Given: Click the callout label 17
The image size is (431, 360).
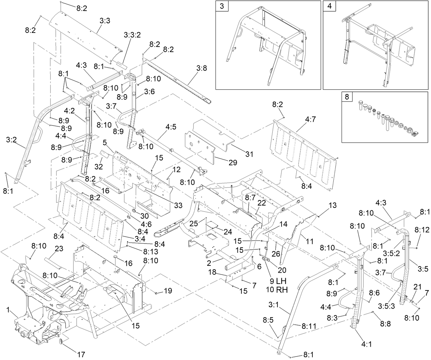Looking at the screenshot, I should coord(81,355).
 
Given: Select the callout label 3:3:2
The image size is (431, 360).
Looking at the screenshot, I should coord(132,35).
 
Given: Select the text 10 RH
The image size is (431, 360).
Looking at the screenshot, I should coord(276,289).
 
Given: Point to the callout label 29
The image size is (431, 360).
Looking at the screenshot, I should coord(233,163).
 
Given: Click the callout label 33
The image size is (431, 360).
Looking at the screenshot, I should coord(178,206).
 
